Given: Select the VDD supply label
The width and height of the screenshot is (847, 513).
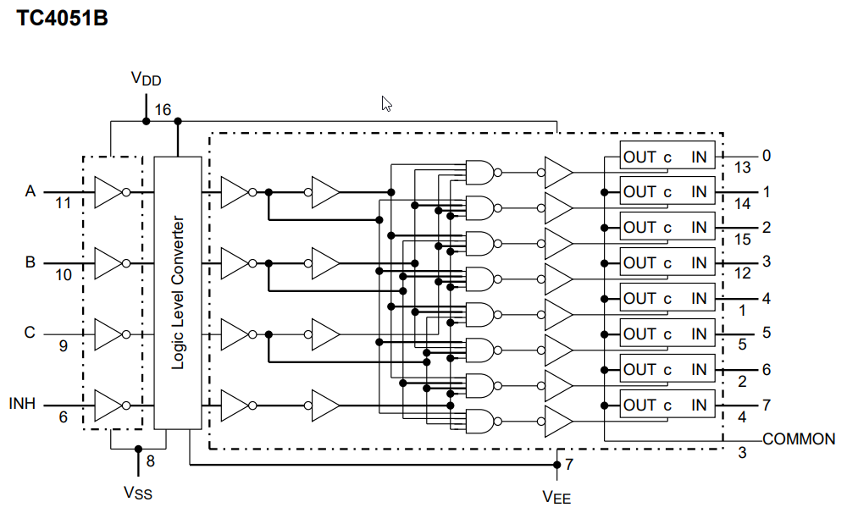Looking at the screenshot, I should (146, 80).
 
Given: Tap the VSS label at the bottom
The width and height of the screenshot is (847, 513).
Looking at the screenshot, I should (138, 492).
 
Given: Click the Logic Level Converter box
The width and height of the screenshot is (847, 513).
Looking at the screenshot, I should (178, 292).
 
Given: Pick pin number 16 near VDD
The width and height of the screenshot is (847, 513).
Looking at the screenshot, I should (163, 110).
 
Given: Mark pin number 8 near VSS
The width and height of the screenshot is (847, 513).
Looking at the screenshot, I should (151, 461).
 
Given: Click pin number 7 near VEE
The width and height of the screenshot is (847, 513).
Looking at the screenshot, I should (569, 464).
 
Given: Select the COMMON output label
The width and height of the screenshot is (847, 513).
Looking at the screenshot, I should (799, 439).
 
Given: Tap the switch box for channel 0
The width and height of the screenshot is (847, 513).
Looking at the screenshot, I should (667, 157).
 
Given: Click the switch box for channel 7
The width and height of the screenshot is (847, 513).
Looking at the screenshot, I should (667, 405).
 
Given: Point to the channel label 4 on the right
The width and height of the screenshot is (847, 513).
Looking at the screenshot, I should (766, 299).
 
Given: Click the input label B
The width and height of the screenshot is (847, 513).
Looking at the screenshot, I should (30, 262).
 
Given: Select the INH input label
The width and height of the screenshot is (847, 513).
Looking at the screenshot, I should (22, 404).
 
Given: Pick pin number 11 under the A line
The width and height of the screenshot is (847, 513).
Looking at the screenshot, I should (63, 204).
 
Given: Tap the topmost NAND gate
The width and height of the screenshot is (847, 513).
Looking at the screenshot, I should (479, 172).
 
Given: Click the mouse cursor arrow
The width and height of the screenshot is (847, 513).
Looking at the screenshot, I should (386, 103).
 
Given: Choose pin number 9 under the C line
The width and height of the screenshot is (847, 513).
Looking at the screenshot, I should (63, 345).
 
